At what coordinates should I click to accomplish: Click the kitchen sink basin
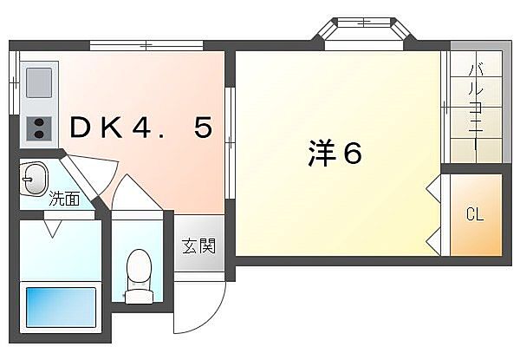(x=39, y=82)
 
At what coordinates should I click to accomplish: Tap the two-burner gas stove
(x=39, y=128)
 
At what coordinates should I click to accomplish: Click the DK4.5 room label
(x=141, y=128)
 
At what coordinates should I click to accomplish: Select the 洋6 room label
(x=335, y=153)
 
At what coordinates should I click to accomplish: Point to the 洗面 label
(x=64, y=199)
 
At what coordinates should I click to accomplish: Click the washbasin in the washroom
(x=35, y=180)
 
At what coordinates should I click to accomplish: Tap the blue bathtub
(x=61, y=307)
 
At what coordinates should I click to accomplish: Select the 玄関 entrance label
(x=198, y=245)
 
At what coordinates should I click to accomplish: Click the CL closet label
(x=475, y=214)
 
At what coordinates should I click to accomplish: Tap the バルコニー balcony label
(x=476, y=108)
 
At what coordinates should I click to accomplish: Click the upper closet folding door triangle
(x=433, y=189)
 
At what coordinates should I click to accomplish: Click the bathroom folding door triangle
(x=52, y=228)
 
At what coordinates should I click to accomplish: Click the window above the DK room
(x=146, y=45)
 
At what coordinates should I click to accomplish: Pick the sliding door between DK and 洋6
(x=230, y=142)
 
